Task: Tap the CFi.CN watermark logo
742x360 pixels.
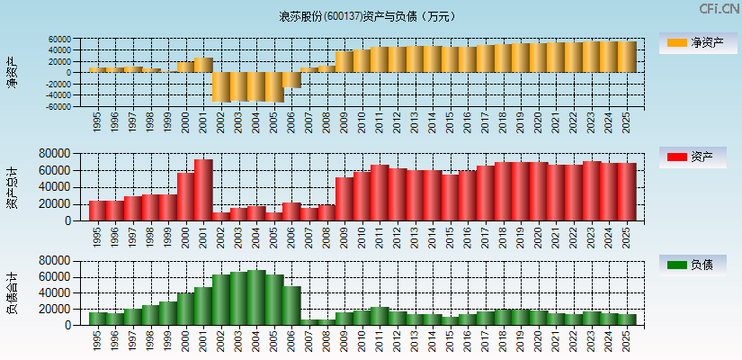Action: tap(720, 9)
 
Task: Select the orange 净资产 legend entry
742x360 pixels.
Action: tap(693, 42)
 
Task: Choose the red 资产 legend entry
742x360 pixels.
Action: tap(693, 157)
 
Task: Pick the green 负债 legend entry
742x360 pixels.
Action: tap(693, 265)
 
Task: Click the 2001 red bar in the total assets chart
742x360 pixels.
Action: tap(203, 190)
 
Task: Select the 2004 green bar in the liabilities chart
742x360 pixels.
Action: tap(256, 298)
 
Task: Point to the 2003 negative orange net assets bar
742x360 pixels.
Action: tap(238, 86)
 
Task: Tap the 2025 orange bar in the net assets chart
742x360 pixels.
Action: tap(627, 57)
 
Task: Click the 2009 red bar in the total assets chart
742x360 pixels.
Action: tap(344, 199)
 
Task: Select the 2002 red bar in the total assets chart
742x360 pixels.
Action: tap(221, 216)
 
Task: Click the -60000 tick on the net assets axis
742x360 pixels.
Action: tap(59, 106)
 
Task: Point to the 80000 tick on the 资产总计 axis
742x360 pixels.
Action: tap(57, 154)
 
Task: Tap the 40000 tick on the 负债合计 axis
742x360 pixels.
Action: tap(57, 293)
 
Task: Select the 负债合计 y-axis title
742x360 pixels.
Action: tap(12, 292)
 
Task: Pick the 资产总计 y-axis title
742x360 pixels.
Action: tap(12, 187)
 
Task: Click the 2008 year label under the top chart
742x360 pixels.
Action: tap(326, 121)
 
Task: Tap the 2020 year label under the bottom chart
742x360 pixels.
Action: tap(539, 340)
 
